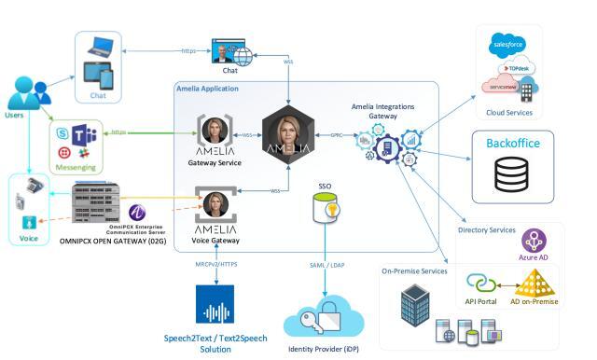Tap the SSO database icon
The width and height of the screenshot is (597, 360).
pyautogui.click(x=326, y=210)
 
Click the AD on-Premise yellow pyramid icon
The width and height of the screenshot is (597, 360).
pyautogui.click(x=535, y=284)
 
